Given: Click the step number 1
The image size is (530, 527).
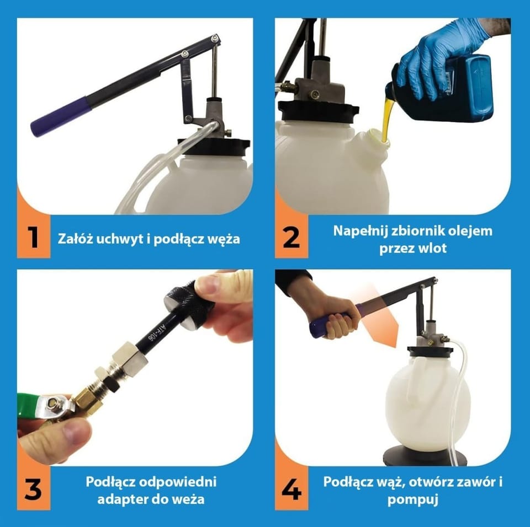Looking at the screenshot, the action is pos(33,238).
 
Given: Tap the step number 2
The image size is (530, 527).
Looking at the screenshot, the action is pos(291,238).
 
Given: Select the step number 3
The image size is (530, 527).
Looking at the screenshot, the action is pos(33,489).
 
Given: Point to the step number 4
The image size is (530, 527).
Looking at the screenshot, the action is pos(291,489).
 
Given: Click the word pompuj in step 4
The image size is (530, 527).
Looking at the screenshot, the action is pos(413,499).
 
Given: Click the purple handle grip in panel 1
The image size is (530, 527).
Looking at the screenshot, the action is pos(61,115).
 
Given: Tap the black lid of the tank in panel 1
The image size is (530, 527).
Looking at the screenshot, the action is pos(214,146).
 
